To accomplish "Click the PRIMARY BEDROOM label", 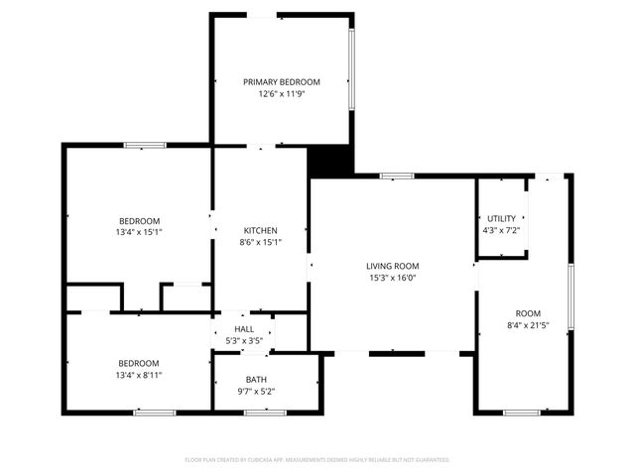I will click(x=283, y=81).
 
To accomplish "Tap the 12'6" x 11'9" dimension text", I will click(x=283, y=94).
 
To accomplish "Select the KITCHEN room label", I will click(x=260, y=230).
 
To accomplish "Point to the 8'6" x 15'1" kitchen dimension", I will click(x=260, y=243).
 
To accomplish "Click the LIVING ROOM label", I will click(x=392, y=266).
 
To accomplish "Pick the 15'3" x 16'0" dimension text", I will click(x=392, y=279).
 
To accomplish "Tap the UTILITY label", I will click(x=501, y=218).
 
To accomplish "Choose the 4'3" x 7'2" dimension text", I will click(x=501, y=230).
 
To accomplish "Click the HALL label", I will click(x=244, y=329).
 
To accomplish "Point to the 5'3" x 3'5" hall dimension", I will click(x=244, y=341).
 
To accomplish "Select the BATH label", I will click(x=256, y=380).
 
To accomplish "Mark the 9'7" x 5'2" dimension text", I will click(x=256, y=392).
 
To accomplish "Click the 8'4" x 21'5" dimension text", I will click(x=527, y=325).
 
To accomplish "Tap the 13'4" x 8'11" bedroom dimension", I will click(x=139, y=375).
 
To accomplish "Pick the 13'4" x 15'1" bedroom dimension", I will click(x=139, y=232).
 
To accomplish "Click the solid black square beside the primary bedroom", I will click(x=330, y=160).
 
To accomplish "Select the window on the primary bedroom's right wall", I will click(x=352, y=67).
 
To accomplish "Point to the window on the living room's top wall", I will click(x=397, y=177).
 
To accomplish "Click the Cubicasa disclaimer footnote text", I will click(x=317, y=460).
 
